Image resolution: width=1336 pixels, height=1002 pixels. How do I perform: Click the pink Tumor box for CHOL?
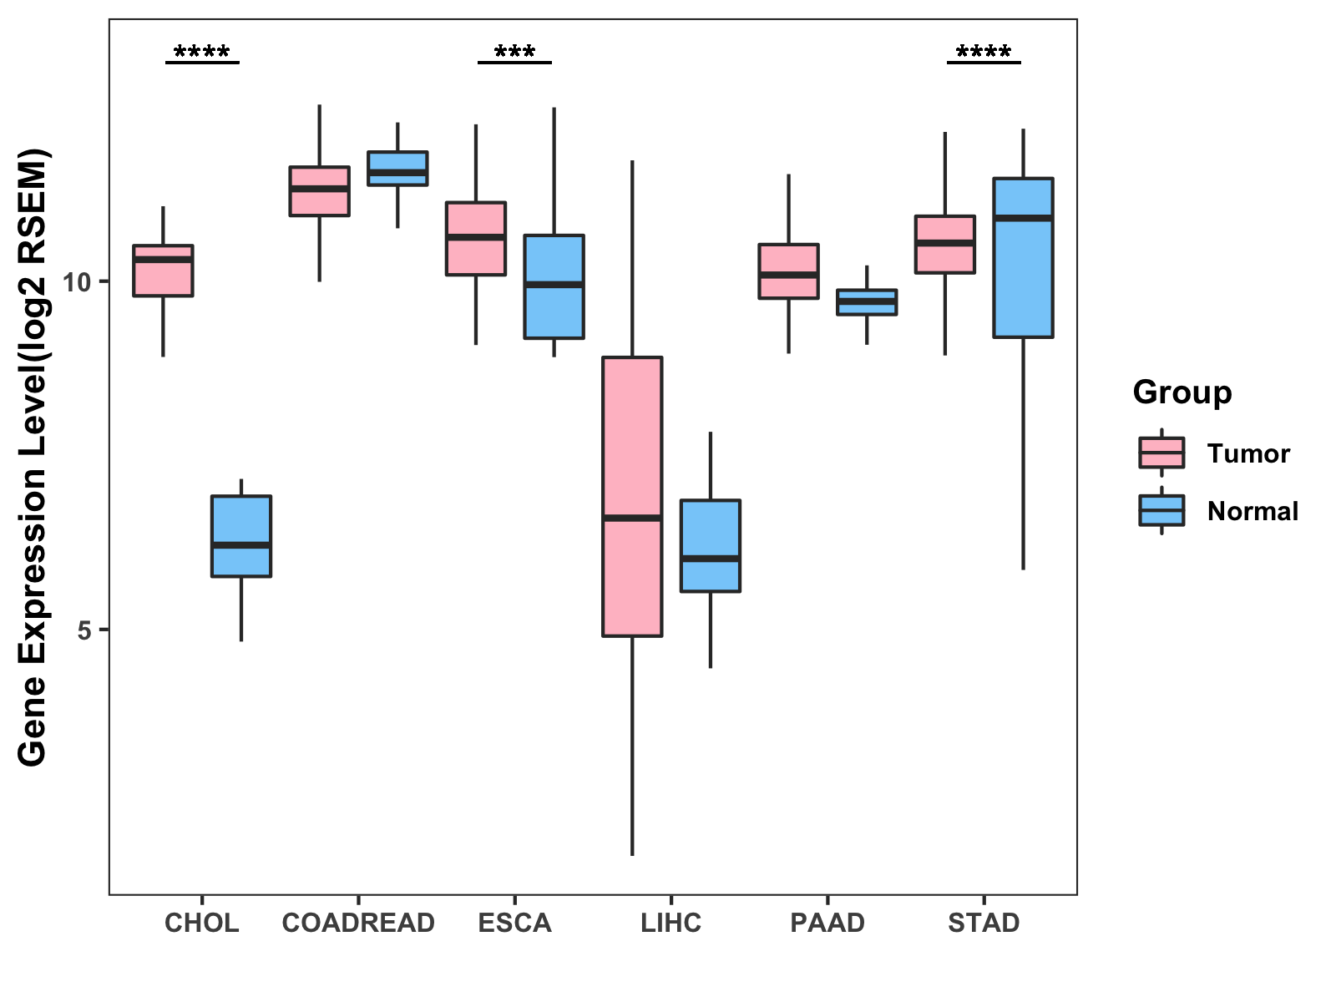pyautogui.click(x=163, y=271)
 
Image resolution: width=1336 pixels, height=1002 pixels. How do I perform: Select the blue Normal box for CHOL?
pyautogui.click(x=240, y=536)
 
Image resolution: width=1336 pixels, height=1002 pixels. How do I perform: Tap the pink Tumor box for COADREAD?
pyautogui.click(x=319, y=191)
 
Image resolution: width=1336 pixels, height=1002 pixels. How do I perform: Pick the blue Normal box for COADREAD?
pyautogui.click(x=397, y=168)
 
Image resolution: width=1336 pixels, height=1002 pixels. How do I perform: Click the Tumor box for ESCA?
pyautogui.click(x=476, y=238)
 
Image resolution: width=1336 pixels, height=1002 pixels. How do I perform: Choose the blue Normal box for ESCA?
pyautogui.click(x=554, y=286)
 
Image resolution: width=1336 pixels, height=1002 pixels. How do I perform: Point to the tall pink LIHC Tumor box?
pyautogui.click(x=632, y=496)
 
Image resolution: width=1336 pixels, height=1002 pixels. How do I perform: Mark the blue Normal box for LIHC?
pyautogui.click(x=711, y=545)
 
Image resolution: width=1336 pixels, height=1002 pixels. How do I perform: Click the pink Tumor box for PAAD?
pyautogui.click(x=788, y=271)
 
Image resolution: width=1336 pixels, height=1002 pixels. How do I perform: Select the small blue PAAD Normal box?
pyautogui.click(x=867, y=302)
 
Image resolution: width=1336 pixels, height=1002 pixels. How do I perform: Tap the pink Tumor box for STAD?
pyautogui.click(x=945, y=244)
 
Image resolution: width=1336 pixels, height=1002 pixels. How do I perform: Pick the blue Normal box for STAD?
pyautogui.click(x=1023, y=257)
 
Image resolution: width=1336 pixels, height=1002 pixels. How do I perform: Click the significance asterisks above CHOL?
pyautogui.click(x=202, y=53)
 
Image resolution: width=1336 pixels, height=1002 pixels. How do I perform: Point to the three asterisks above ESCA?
pyautogui.click(x=514, y=53)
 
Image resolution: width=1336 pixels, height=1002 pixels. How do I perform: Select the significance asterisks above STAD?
pyautogui.click(x=984, y=53)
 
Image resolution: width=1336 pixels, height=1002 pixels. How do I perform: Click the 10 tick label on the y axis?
pyautogui.click(x=77, y=282)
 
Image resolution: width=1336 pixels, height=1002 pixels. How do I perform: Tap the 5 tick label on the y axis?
pyautogui.click(x=83, y=630)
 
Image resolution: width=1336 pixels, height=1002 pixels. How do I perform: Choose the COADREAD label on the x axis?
pyautogui.click(x=358, y=923)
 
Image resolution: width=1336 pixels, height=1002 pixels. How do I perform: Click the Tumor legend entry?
pyautogui.click(x=1247, y=453)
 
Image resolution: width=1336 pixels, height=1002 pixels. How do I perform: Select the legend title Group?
pyautogui.click(x=1182, y=392)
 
